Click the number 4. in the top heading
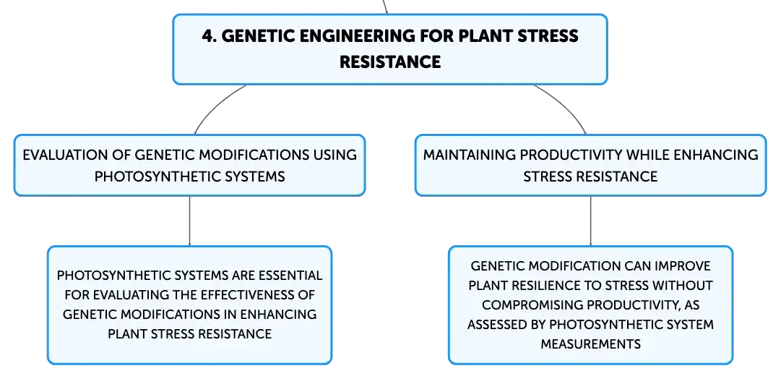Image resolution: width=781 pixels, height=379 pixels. [210, 36]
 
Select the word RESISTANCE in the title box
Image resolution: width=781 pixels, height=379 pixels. [390, 61]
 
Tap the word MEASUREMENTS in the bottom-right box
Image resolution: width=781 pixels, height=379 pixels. [591, 344]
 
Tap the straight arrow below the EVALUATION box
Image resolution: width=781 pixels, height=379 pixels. [189, 221]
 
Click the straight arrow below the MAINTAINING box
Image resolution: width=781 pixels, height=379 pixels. [591, 221]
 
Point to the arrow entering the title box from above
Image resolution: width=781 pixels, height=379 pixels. [385, 7]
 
